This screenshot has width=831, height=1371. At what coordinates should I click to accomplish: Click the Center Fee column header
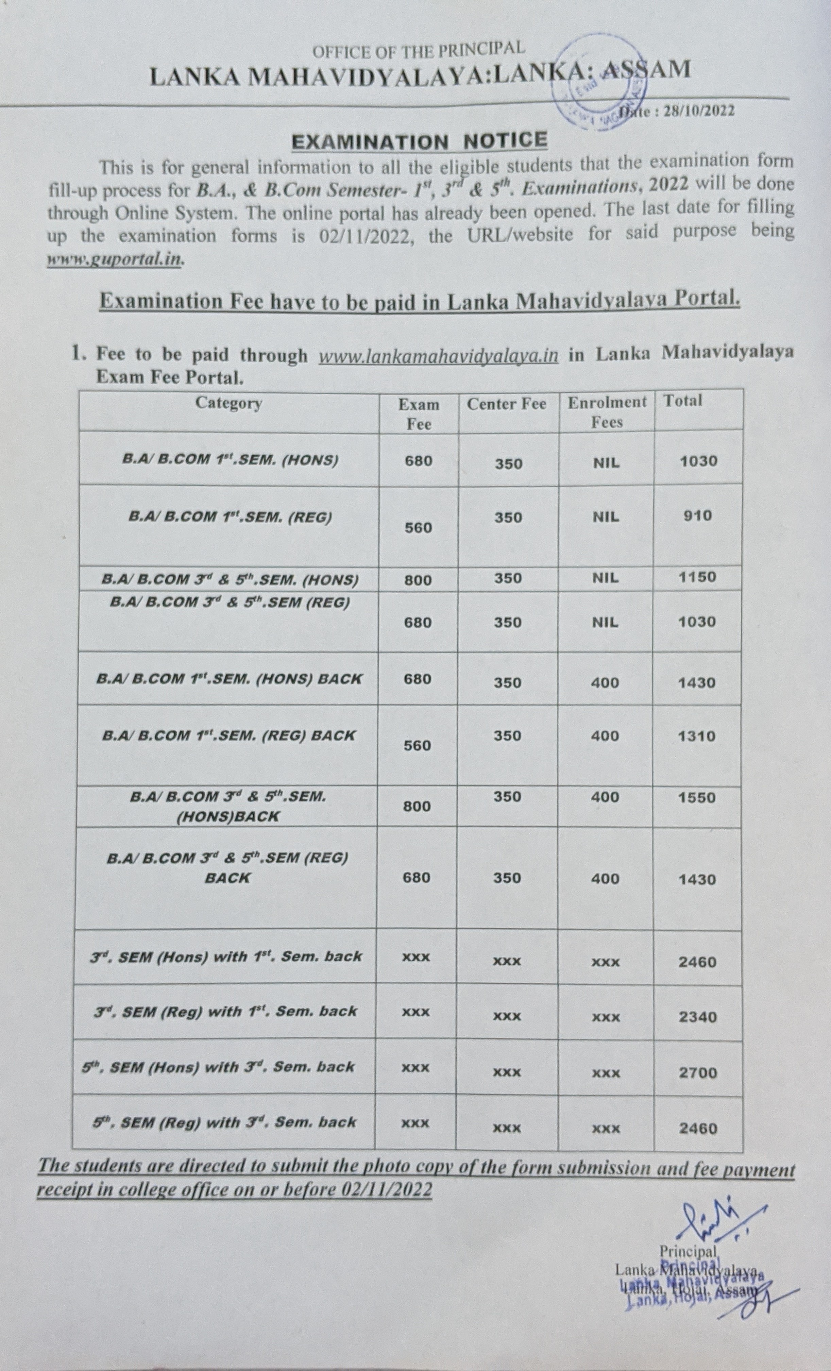click(x=506, y=404)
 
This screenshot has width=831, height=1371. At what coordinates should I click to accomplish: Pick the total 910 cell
click(x=697, y=516)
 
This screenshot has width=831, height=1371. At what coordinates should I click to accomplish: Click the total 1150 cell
click(x=697, y=577)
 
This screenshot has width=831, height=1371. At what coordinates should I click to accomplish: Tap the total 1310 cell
click(x=697, y=736)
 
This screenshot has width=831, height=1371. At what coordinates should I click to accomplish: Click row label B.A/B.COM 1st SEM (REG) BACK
click(x=228, y=735)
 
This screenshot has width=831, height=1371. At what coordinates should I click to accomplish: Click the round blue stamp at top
click(x=601, y=83)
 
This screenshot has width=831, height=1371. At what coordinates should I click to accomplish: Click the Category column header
click(x=228, y=403)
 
